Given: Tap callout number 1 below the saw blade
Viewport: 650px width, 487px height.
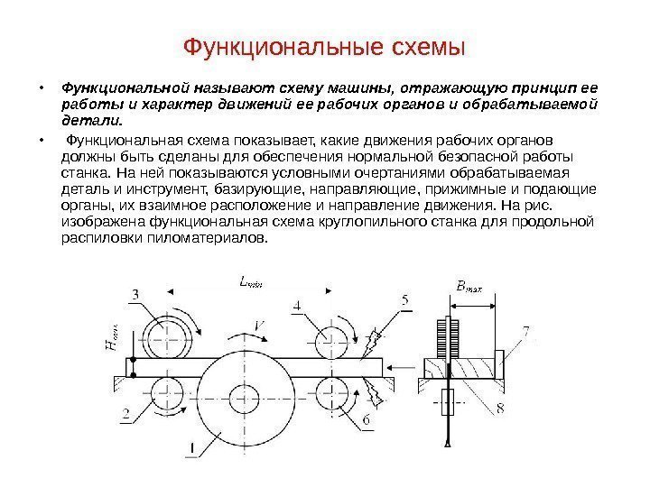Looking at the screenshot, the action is click(x=190, y=446).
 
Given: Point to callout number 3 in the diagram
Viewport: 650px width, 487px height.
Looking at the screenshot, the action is click(x=135, y=294).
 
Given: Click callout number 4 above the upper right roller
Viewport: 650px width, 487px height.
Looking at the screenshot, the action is click(x=297, y=307).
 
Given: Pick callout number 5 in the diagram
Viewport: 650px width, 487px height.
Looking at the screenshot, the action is click(x=405, y=299).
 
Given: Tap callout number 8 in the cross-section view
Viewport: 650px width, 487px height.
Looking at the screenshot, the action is click(x=501, y=410).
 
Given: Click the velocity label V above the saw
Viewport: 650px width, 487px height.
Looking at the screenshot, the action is click(x=259, y=326).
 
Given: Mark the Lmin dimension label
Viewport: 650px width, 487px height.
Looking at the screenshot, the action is click(x=250, y=281).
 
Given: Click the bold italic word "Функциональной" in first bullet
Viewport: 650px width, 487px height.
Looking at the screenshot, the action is click(x=115, y=88).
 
